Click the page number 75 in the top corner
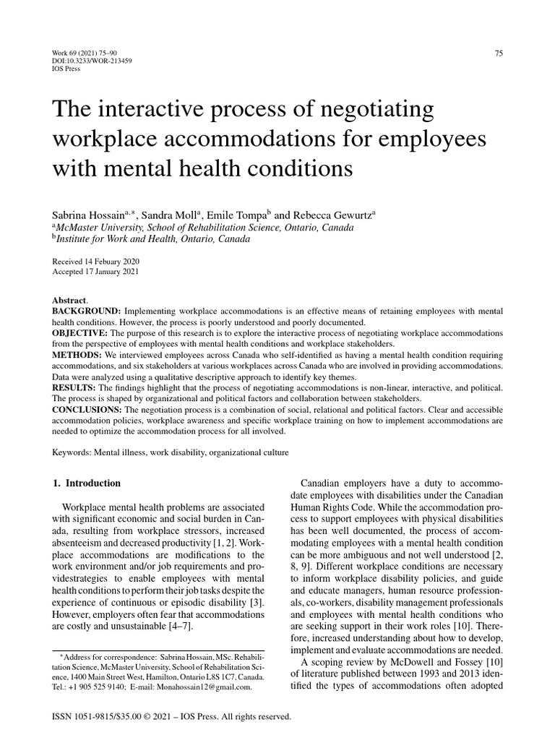point(498,52)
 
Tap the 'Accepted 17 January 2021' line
point(96,272)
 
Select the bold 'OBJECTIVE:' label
point(79,332)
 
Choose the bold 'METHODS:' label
point(76,356)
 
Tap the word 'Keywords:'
point(71,452)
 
